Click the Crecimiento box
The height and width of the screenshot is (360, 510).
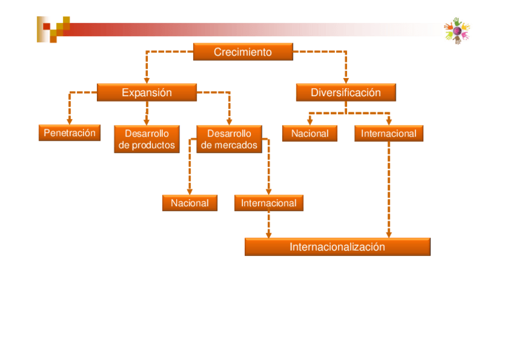(242, 52)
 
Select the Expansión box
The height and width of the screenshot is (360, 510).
(146, 93)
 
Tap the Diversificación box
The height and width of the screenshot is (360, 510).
(346, 93)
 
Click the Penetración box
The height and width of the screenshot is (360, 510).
(69, 133)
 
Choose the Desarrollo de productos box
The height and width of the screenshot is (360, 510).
(147, 139)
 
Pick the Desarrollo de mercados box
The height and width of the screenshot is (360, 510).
(229, 139)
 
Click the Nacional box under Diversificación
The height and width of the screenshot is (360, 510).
(310, 133)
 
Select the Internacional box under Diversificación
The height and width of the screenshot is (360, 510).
(389, 133)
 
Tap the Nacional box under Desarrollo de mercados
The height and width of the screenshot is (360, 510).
(189, 203)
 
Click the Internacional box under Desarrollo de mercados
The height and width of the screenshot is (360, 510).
(268, 203)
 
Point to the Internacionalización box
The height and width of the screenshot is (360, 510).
(337, 247)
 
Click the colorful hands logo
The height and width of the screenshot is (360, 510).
(456, 31)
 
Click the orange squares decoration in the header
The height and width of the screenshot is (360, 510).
(54, 28)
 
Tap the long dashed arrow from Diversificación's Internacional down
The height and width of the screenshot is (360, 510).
(389, 186)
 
